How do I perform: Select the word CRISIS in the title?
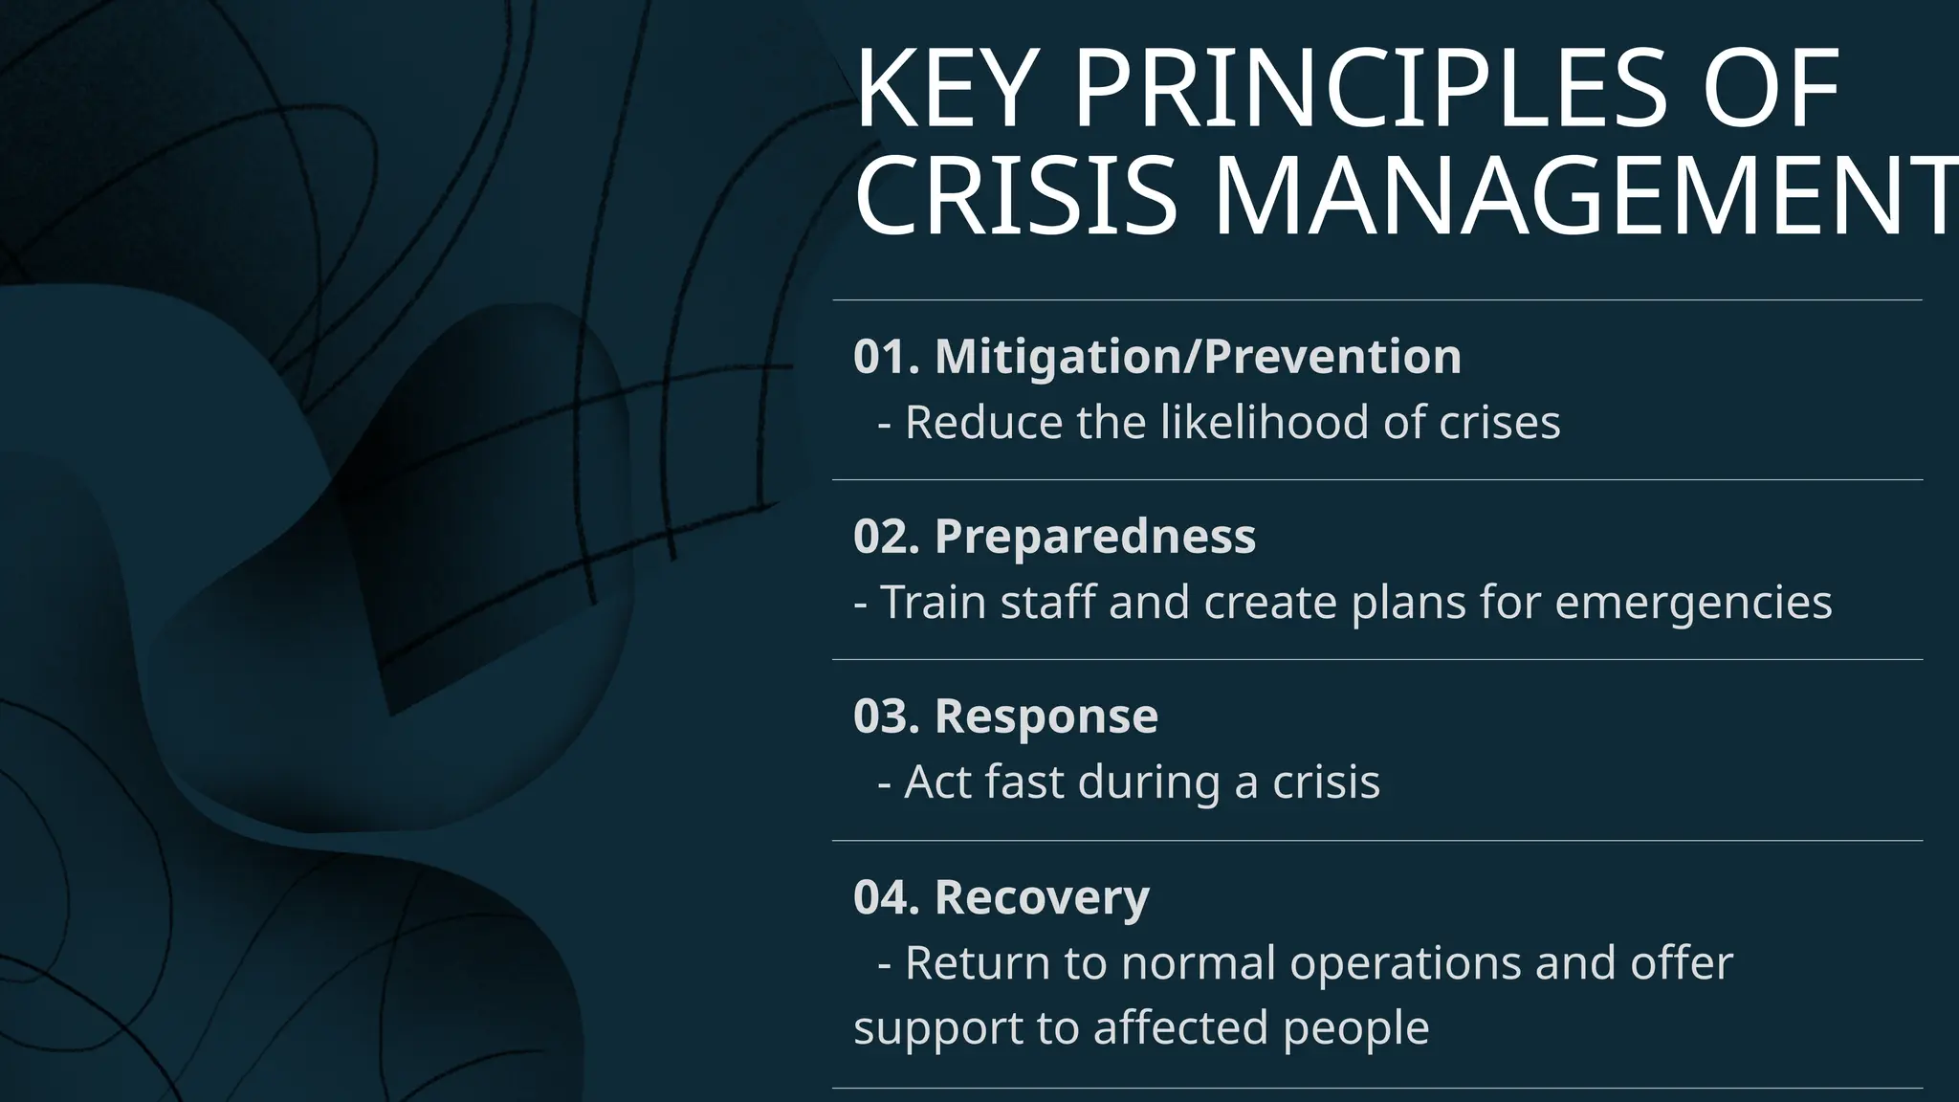(x=1014, y=197)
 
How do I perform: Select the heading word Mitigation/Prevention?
(x=1198, y=357)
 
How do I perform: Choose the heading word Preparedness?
(x=1094, y=537)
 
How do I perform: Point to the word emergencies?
(x=1693, y=603)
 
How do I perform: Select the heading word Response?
(x=1046, y=716)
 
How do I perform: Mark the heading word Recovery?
(x=1042, y=897)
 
